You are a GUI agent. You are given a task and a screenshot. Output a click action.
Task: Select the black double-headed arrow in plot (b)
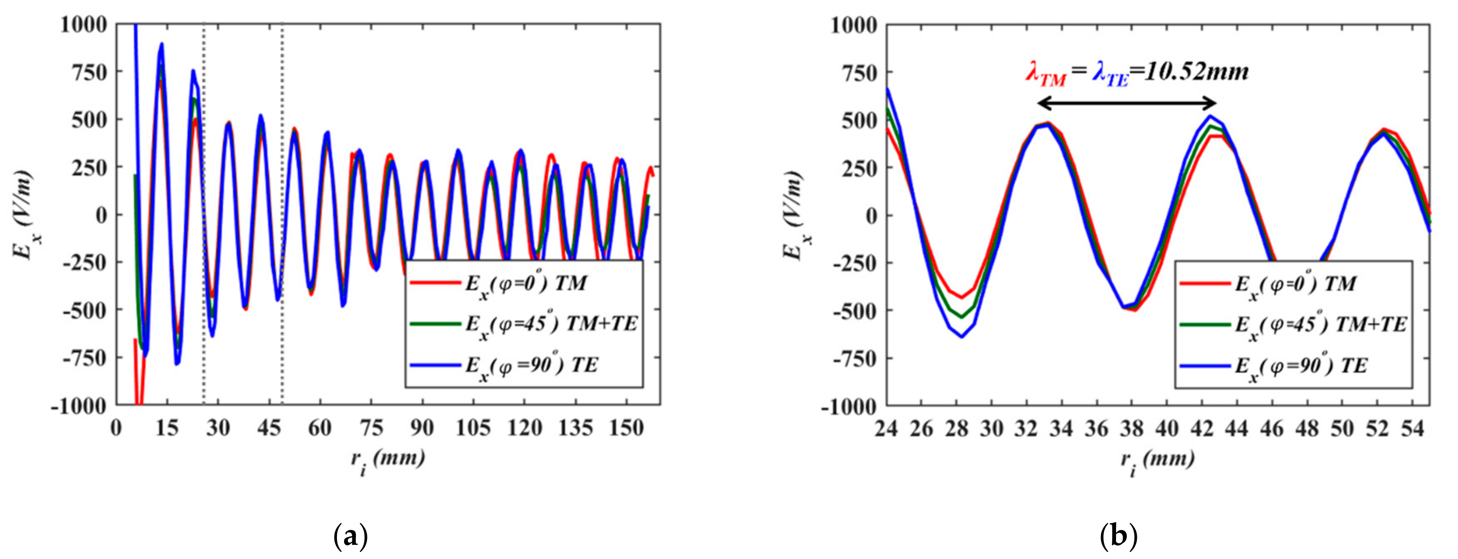click(1126, 103)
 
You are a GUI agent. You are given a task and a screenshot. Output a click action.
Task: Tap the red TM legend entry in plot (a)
click(523, 283)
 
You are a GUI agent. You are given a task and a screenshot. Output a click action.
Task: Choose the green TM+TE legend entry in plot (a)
click(523, 324)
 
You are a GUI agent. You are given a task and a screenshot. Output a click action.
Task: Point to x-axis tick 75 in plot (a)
click(371, 429)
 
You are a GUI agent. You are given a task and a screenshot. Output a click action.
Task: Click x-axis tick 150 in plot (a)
click(626, 429)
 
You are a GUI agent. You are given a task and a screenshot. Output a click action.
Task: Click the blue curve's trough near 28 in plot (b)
click(962, 337)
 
